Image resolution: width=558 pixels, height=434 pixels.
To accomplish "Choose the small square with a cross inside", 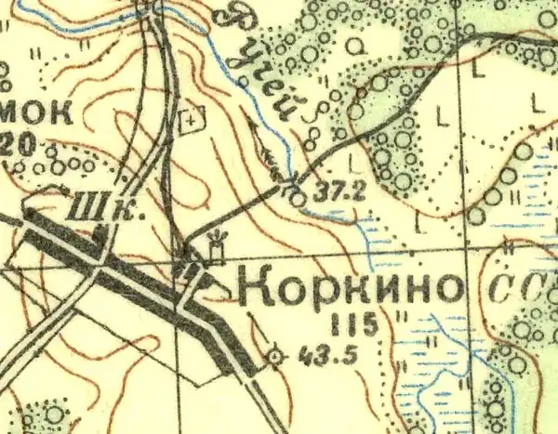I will coord(193,118).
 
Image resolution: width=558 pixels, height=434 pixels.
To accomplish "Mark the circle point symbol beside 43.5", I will coord(274,355).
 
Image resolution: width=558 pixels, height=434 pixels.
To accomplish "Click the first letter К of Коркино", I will coord(256,290).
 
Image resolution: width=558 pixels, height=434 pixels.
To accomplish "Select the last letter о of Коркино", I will coord(446,291).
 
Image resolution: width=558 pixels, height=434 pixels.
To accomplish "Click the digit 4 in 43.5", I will coord(296,354).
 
